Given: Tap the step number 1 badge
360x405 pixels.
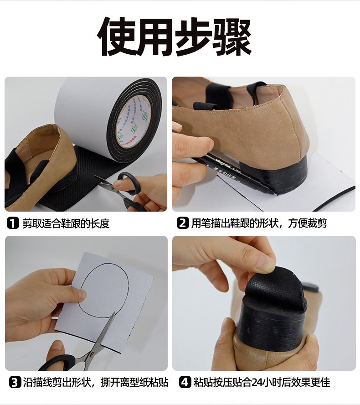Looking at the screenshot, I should pyautogui.click(x=12, y=223).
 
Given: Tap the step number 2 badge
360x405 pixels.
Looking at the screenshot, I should pyautogui.click(x=182, y=223).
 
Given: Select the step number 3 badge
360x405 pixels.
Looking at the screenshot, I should pyautogui.click(x=15, y=382).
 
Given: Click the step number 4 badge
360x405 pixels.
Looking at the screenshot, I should pyautogui.click(x=185, y=382).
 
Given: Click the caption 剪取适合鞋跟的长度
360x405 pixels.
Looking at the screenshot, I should pyautogui.click(x=66, y=223).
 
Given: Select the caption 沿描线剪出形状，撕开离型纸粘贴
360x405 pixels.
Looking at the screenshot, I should pyautogui.click(x=95, y=382).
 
